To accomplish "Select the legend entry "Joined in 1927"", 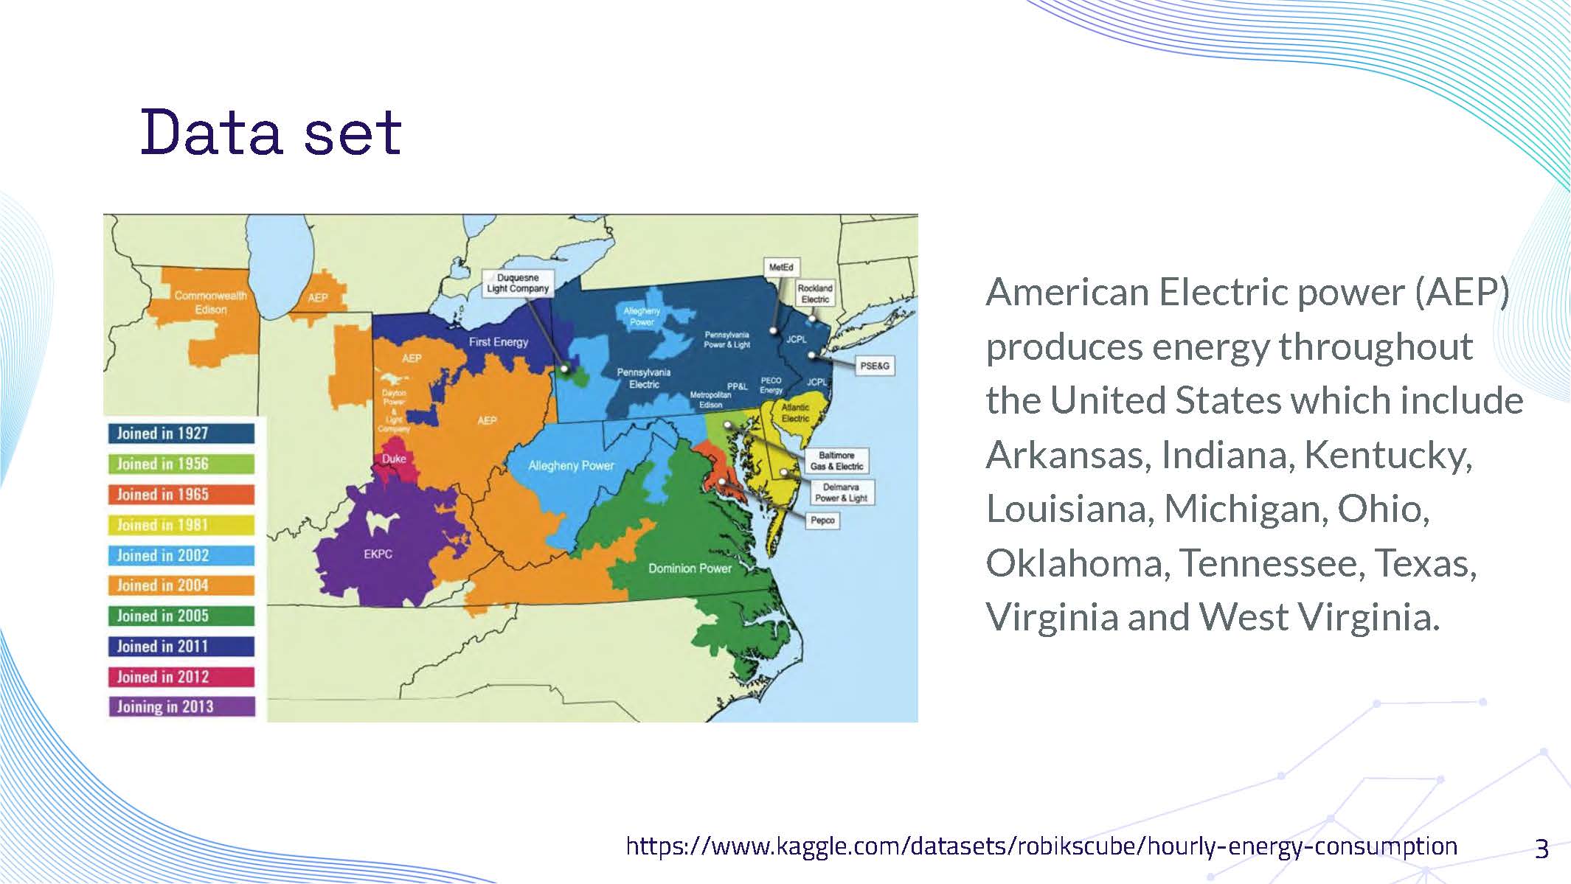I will coord(181,434).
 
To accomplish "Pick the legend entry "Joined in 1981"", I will coord(181,525).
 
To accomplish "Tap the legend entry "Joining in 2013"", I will coord(181,707).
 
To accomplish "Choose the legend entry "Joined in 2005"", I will coord(181,616).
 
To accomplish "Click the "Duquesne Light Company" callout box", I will coord(518,283).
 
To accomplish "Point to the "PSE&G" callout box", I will coord(875,366).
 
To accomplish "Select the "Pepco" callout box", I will coord(822,521).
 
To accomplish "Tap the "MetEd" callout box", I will coord(781,267).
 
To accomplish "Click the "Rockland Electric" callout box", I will coord(815,293).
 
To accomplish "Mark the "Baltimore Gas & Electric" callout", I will coord(836,461).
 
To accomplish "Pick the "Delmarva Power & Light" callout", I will coord(841,493).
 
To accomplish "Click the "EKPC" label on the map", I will coord(378,554).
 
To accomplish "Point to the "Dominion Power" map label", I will coord(690,568).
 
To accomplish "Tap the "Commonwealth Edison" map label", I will coord(210,302).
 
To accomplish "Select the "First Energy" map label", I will coord(499,342).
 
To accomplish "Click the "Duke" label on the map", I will coord(394,459).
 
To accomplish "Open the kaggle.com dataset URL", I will coord(1041,846).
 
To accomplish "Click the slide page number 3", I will coord(1541,849).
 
